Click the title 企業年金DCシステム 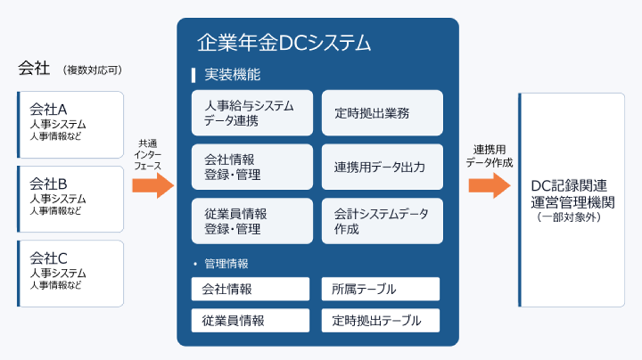[x=284, y=43]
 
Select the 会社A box [x=70, y=125]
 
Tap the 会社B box [x=70, y=199]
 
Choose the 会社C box [x=70, y=274]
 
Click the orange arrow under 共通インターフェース [x=153, y=185]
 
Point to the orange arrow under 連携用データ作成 [x=490, y=185]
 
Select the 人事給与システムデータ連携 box [x=252, y=113]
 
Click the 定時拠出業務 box [x=383, y=113]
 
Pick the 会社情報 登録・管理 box [x=252, y=167]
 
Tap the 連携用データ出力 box [x=383, y=167]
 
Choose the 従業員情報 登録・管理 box [x=252, y=221]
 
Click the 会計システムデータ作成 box [x=383, y=221]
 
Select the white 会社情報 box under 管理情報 [x=251, y=289]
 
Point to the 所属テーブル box [x=381, y=289]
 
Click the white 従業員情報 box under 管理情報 [x=251, y=320]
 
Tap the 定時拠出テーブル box [x=381, y=320]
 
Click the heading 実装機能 [x=232, y=75]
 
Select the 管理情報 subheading [x=226, y=264]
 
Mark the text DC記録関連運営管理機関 [x=572, y=194]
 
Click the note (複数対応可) [x=93, y=70]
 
